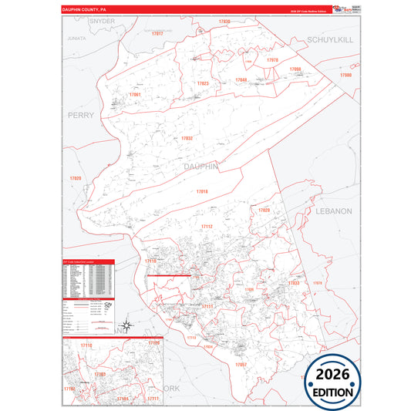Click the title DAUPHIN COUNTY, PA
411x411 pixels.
85,10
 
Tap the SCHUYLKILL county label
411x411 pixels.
330,39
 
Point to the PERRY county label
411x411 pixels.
81,115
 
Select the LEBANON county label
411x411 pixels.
333,211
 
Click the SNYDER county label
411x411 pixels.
102,22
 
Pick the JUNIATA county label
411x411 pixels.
76,37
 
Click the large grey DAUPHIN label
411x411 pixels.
202,166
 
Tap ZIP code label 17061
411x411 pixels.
135,94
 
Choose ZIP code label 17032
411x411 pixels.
187,138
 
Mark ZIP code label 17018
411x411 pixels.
202,190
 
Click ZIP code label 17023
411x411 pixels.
203,83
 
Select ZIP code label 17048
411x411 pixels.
241,80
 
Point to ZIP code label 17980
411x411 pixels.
345,76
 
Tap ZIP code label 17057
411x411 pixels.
241,363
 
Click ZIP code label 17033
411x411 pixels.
293,284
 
